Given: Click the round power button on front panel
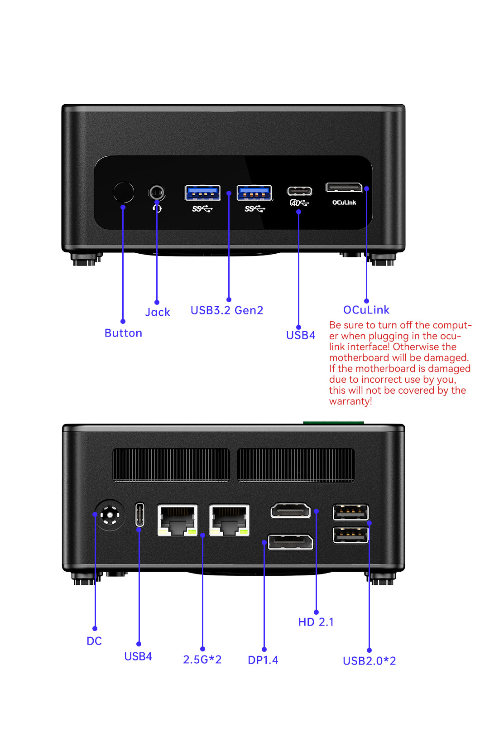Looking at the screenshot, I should (123, 193).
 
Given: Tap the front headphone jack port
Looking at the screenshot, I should (157, 193).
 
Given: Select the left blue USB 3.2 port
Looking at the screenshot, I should (202, 193).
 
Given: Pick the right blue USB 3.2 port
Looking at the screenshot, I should (254, 193).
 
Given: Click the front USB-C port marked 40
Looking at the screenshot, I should (299, 191).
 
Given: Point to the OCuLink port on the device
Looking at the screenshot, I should (344, 187).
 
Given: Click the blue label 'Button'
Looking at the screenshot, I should (123, 333).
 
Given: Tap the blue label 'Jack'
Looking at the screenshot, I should (158, 312).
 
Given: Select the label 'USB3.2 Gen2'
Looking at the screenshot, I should (226, 310).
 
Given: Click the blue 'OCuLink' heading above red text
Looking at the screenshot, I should (366, 310).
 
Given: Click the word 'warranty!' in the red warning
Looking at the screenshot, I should (350, 401).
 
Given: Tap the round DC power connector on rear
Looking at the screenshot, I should (110, 515).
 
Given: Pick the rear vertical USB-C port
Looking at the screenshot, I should (140, 515).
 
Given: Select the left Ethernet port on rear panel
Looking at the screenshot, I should (177, 520).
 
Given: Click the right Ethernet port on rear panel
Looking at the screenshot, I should (229, 520).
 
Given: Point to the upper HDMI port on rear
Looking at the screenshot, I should (291, 511).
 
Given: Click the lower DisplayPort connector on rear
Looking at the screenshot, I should (290, 542).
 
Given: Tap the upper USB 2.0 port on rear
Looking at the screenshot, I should (350, 512).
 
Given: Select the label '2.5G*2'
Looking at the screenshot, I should (202, 660).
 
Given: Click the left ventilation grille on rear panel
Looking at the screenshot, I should (171, 465).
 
